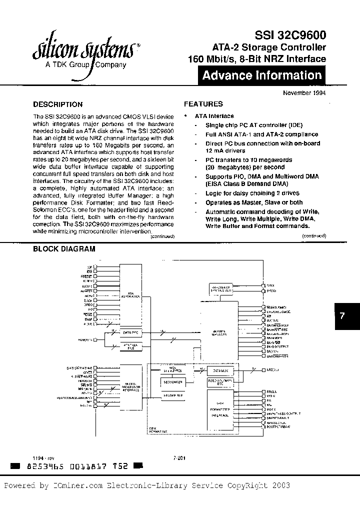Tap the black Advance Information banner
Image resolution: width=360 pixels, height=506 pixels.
(262, 76)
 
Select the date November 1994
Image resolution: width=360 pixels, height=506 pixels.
(304, 93)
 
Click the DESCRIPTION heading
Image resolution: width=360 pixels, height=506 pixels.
(57, 104)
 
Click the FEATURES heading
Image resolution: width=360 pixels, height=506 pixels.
(203, 104)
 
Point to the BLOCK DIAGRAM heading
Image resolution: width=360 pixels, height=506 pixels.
(64, 248)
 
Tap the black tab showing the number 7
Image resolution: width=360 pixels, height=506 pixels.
(342, 316)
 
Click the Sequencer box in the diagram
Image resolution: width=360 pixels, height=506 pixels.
(172, 382)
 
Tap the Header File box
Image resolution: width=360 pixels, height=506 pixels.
(172, 395)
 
